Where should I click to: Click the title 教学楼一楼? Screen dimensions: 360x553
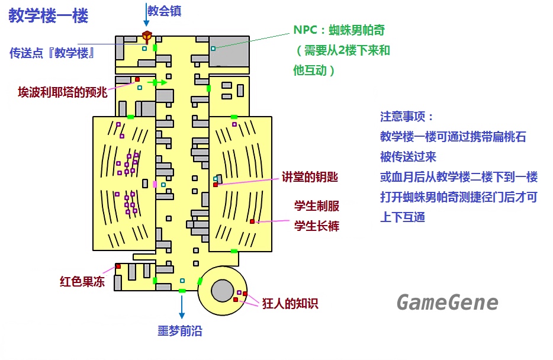[49, 16]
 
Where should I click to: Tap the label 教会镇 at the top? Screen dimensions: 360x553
[165, 10]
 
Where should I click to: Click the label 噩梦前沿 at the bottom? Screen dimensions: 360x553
[179, 331]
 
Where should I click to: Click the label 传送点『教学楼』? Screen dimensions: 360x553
[53, 53]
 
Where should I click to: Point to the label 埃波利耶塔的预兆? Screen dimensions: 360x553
[63, 92]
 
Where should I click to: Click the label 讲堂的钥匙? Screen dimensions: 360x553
[310, 178]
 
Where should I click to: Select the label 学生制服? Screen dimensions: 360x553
[317, 206]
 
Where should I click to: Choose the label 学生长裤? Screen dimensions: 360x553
[317, 226]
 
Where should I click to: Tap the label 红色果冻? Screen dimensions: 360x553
[82, 281]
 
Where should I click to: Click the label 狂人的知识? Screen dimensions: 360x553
[290, 304]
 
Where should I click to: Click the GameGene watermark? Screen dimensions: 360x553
[447, 303]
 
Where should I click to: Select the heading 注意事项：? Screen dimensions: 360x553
[407, 117]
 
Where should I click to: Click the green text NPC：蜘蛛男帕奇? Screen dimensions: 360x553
[335, 30]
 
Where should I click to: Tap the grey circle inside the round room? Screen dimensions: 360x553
[222, 291]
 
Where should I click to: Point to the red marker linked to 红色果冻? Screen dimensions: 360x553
[118, 266]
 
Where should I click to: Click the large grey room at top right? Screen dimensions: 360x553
[229, 52]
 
